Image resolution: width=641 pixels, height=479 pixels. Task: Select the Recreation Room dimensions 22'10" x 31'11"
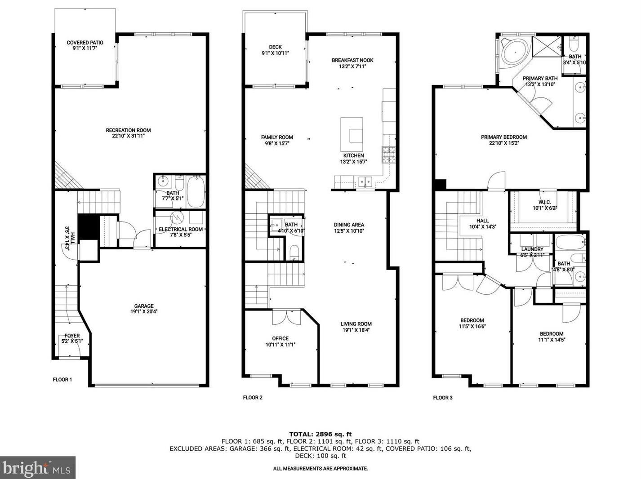[128, 136]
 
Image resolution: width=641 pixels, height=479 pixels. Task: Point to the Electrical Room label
[181, 229]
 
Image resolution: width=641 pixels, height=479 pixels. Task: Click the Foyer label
[72, 336]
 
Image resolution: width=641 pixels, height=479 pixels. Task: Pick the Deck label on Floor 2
[275, 47]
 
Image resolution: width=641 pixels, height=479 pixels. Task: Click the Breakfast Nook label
[352, 60]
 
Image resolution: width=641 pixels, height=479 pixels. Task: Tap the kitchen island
[352, 134]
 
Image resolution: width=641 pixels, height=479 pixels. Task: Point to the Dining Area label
[349, 225]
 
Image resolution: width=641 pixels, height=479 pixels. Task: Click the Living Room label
[356, 324]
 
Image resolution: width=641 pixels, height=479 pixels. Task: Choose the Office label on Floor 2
[280, 338]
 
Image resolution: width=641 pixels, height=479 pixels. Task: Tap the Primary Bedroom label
[503, 137]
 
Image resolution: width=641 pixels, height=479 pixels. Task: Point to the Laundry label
[532, 249]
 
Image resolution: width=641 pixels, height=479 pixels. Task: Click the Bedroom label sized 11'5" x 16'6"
[472, 320]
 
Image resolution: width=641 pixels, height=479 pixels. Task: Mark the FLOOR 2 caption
[253, 397]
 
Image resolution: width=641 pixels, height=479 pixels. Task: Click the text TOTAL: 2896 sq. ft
[320, 434]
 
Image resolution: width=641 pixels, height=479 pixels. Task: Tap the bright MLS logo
[38, 468]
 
